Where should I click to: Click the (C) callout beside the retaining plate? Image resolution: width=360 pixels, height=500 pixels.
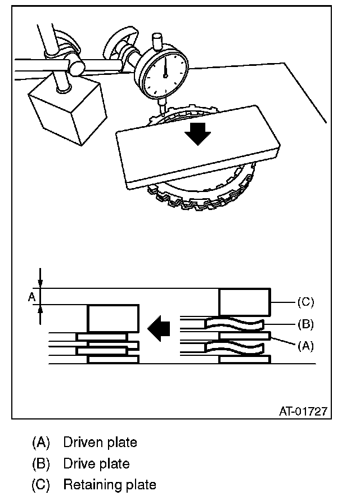(304, 302)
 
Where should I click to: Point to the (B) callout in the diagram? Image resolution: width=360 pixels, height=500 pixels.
(304, 324)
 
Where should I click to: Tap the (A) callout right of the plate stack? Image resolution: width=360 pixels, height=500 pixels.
(304, 346)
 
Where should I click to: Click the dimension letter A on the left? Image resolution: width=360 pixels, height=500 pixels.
(31, 296)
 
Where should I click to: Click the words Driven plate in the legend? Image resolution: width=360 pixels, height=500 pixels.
(100, 443)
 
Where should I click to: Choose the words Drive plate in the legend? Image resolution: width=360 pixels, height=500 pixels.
(96, 463)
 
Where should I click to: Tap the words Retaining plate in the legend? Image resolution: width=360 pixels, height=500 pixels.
(109, 484)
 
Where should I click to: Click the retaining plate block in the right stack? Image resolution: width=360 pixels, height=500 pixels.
(244, 302)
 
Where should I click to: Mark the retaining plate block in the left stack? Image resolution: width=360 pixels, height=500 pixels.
(113, 318)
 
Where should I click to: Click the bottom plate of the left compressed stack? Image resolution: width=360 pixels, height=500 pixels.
(113, 359)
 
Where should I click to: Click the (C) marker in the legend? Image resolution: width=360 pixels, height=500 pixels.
(40, 484)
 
